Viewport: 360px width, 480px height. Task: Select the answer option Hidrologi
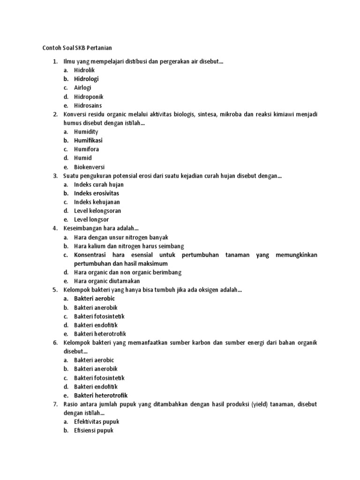(86, 79)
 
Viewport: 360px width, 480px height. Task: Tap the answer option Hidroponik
(89, 97)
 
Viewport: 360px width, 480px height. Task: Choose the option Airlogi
(82, 88)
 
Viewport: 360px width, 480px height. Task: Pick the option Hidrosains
(88, 105)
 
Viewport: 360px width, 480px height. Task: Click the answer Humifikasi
(88, 140)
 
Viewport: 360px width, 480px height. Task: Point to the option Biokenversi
(89, 167)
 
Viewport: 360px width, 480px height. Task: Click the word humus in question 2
(72, 123)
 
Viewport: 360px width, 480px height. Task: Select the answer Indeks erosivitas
(97, 193)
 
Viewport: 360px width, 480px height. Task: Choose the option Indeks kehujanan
(97, 202)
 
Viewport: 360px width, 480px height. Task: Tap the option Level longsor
(91, 219)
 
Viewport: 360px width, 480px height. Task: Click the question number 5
(55, 290)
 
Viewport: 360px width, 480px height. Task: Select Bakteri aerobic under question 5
(94, 299)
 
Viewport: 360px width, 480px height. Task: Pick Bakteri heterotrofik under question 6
(100, 395)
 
